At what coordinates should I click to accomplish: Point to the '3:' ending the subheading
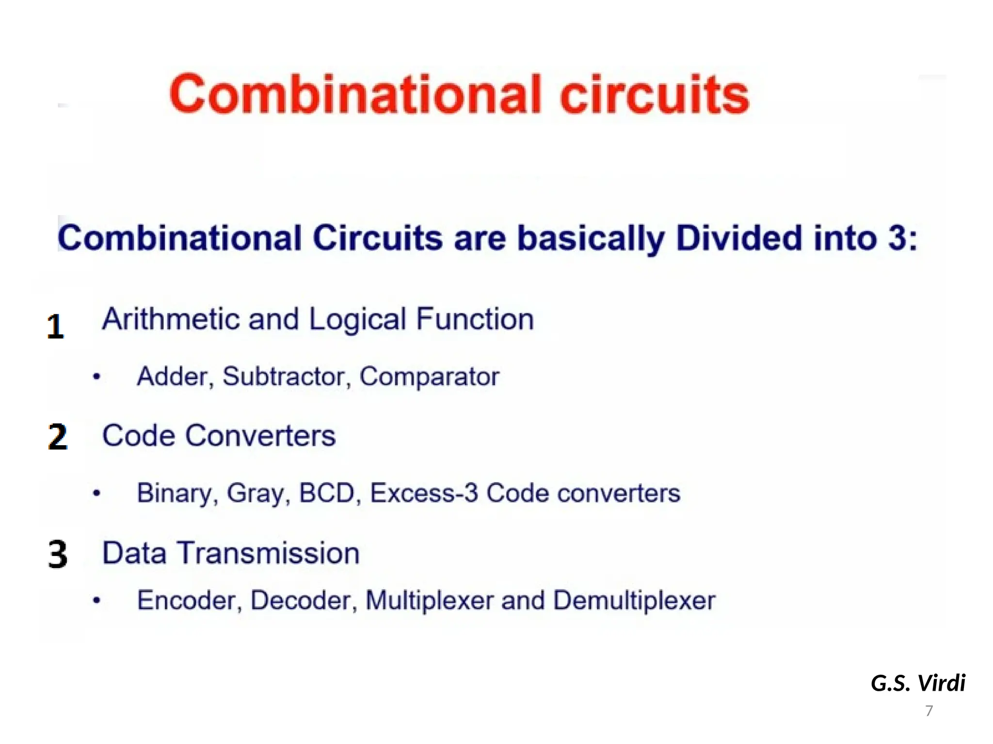(902, 238)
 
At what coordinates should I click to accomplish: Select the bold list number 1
(56, 327)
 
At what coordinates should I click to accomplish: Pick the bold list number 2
(58, 437)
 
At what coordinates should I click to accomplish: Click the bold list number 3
(58, 555)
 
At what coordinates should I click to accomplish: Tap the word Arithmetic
(171, 320)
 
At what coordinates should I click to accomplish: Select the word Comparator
(429, 377)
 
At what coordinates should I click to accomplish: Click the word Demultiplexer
(634, 601)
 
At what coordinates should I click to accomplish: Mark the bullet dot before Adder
(97, 377)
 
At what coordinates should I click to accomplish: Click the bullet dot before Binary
(97, 494)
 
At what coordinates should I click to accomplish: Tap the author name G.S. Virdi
(918, 683)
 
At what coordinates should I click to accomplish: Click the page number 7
(929, 711)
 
